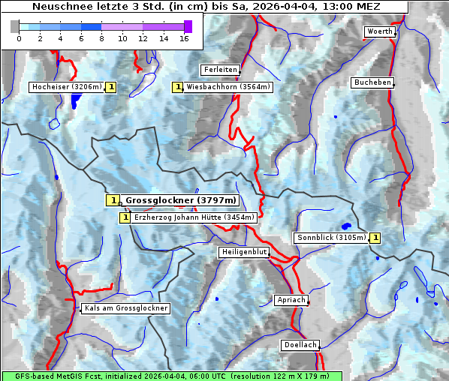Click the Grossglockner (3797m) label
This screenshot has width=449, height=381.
coord(180,200)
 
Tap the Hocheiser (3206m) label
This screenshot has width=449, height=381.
coord(66,87)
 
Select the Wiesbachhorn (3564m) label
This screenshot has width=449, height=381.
coord(228,87)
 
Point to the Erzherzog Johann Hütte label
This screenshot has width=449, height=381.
coord(194,217)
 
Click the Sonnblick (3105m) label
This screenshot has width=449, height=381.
coord(331,238)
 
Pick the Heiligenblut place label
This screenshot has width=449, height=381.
coord(244,252)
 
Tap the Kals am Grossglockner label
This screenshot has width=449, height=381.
coord(125,308)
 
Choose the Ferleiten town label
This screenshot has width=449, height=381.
coord(220,70)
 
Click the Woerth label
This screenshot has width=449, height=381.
coord(379,31)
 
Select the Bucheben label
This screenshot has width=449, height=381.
coord(372,82)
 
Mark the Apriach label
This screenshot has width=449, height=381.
coord(291,300)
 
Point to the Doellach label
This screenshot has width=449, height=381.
coord(300,345)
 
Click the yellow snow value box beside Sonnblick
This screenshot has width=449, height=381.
coord(375,238)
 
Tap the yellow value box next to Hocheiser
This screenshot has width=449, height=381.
coord(111,87)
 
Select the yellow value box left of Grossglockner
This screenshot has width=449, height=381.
coord(112,200)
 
